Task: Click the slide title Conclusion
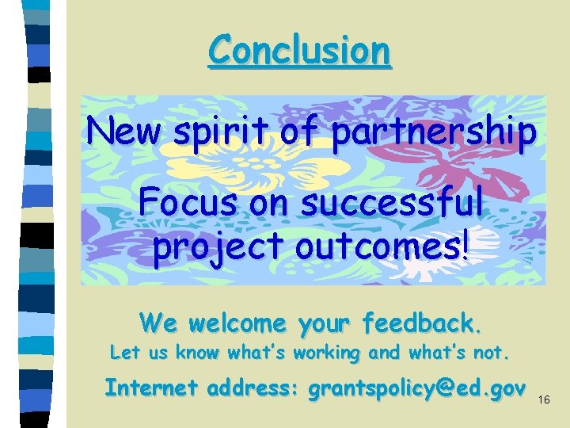299,51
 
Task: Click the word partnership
433,132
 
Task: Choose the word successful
392,204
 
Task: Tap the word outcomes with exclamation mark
383,246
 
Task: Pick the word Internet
152,388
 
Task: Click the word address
253,388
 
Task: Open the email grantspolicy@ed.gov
416,388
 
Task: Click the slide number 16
544,401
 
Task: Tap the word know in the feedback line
202,351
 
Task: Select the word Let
123,351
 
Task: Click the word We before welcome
157,323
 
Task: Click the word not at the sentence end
492,351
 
